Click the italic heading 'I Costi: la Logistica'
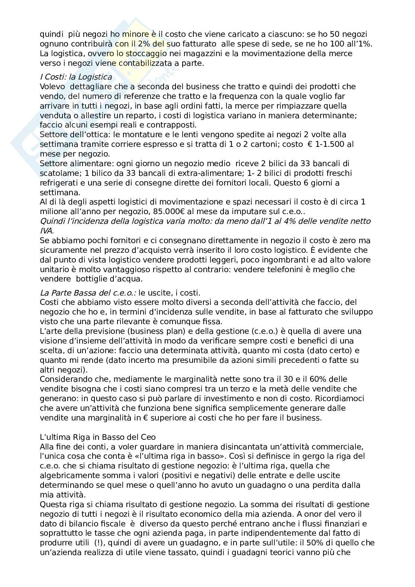tap(76, 77)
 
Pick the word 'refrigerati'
tap(59, 183)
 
